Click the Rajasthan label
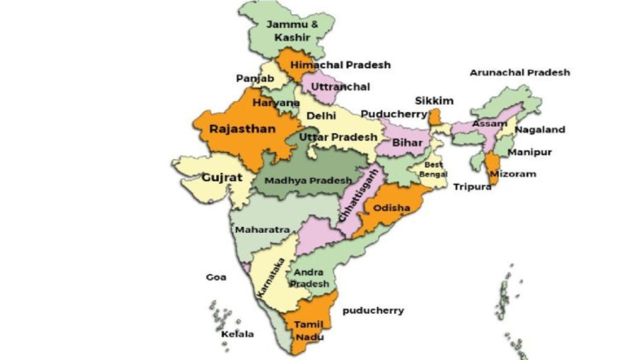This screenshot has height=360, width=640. (242, 129)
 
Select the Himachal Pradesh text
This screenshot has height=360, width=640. (340, 65)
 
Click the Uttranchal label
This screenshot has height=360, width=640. (340, 87)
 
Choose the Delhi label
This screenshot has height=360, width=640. (317, 116)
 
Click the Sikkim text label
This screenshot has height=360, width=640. (434, 101)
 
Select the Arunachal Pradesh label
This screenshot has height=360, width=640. (519, 72)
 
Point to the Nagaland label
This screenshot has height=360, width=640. (540, 130)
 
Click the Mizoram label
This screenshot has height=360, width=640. (513, 174)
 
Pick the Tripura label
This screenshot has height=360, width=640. (472, 187)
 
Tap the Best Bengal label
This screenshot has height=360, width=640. (433, 169)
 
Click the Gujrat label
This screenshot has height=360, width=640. (222, 177)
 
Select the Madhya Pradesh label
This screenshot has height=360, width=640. (308, 180)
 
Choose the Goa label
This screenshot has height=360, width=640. (216, 277)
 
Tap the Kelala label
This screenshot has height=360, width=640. (237, 334)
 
